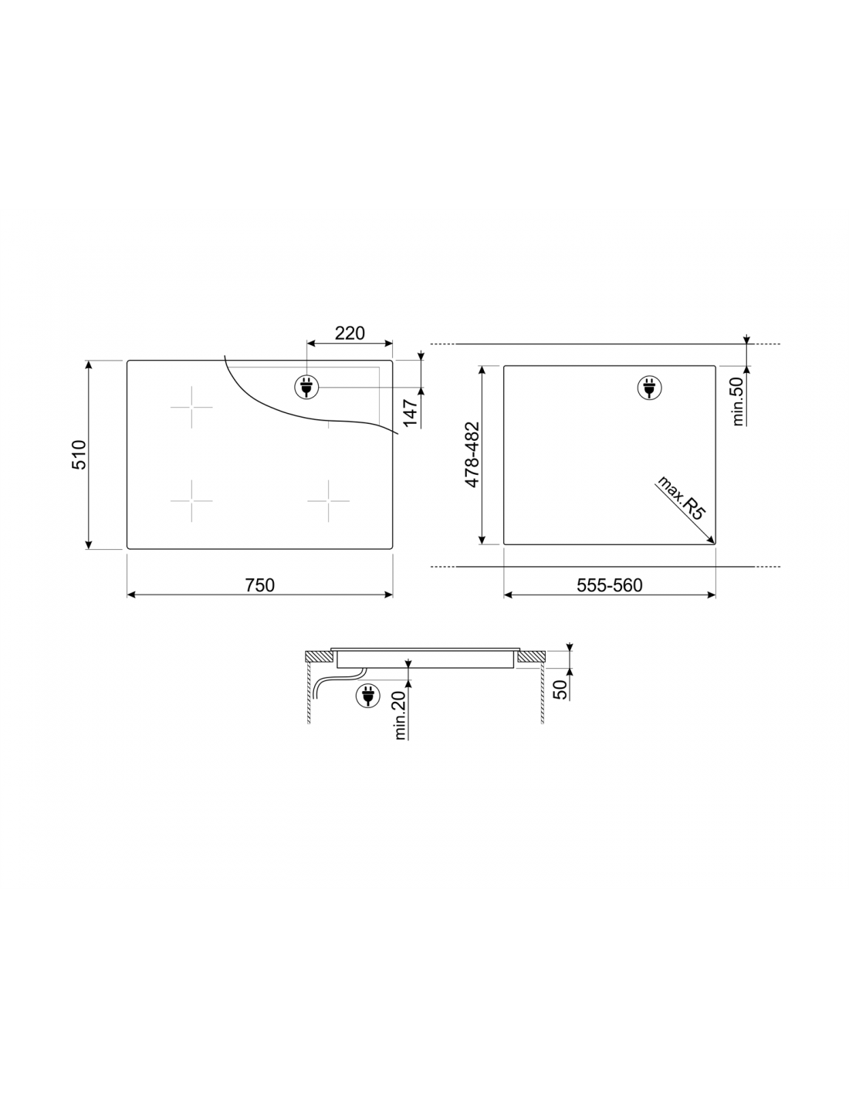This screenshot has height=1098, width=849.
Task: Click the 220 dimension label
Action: coord(350,333)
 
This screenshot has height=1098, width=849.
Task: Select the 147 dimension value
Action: coord(411,412)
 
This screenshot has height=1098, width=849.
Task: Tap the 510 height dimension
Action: coord(79,455)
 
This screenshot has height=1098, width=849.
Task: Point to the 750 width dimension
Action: coord(259,585)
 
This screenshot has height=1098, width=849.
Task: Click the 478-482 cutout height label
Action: coord(472,454)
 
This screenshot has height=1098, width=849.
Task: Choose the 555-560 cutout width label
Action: coord(610,585)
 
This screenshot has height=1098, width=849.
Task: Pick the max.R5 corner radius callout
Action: coord(680,497)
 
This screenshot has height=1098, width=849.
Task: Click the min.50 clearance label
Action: coord(738,402)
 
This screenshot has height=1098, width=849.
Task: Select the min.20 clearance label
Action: coord(400,716)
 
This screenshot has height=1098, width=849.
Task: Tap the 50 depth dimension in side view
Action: coord(560,690)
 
